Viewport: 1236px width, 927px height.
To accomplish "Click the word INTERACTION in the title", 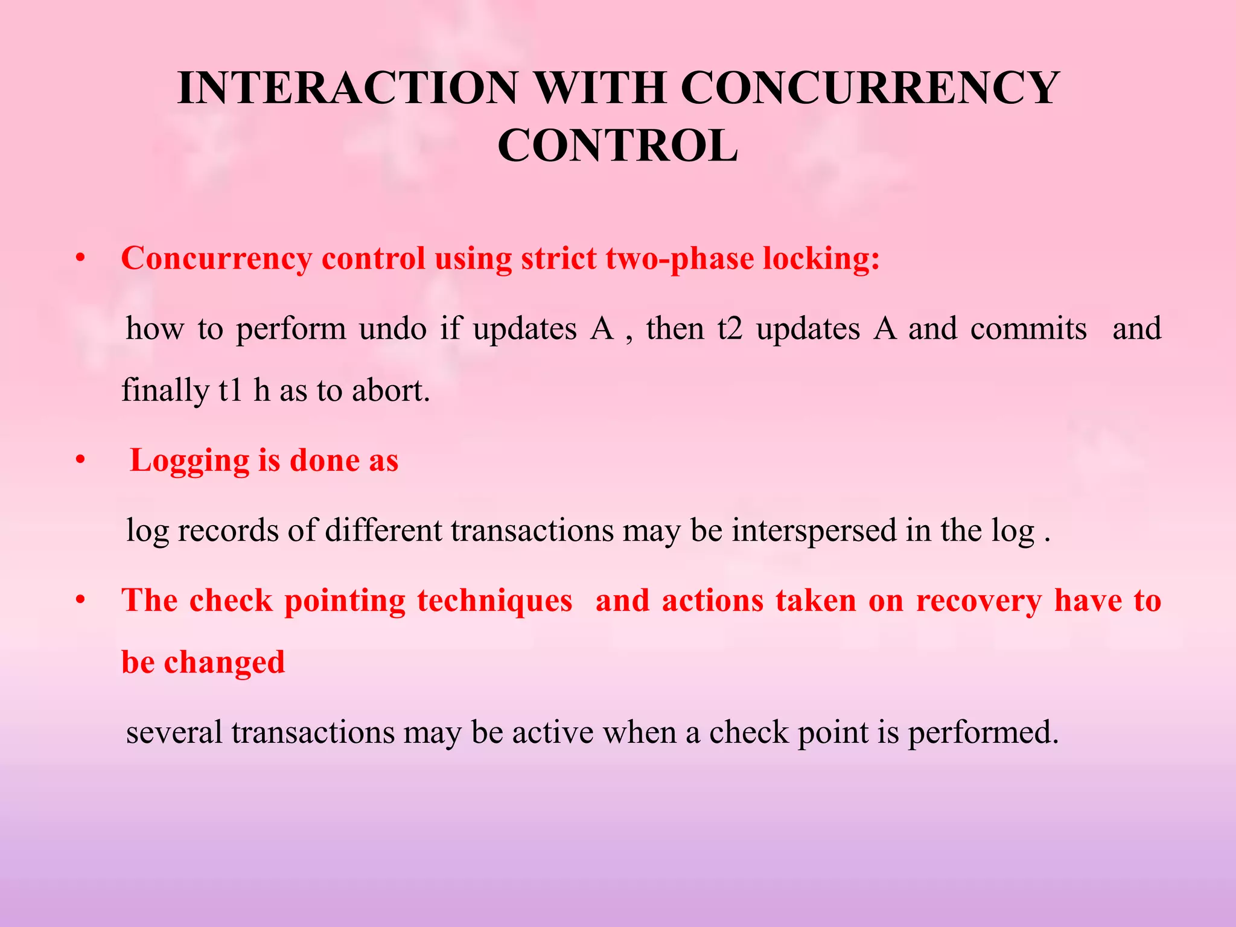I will (x=348, y=89).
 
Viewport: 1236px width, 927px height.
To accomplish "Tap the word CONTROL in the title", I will (x=617, y=147).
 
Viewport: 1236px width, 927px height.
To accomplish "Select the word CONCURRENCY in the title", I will (x=870, y=89).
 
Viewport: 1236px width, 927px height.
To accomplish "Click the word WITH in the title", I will (x=599, y=89).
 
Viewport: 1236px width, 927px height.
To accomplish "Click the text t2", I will (x=729, y=330).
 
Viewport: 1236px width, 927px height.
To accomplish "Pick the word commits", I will (x=1028, y=330).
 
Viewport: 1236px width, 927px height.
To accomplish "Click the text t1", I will (x=231, y=390).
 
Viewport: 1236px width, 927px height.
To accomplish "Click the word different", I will (x=383, y=531).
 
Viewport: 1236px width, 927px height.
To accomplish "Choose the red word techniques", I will (x=494, y=601).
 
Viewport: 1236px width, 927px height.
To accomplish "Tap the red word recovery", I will (x=978, y=601).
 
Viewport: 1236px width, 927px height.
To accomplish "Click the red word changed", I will (x=224, y=663).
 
